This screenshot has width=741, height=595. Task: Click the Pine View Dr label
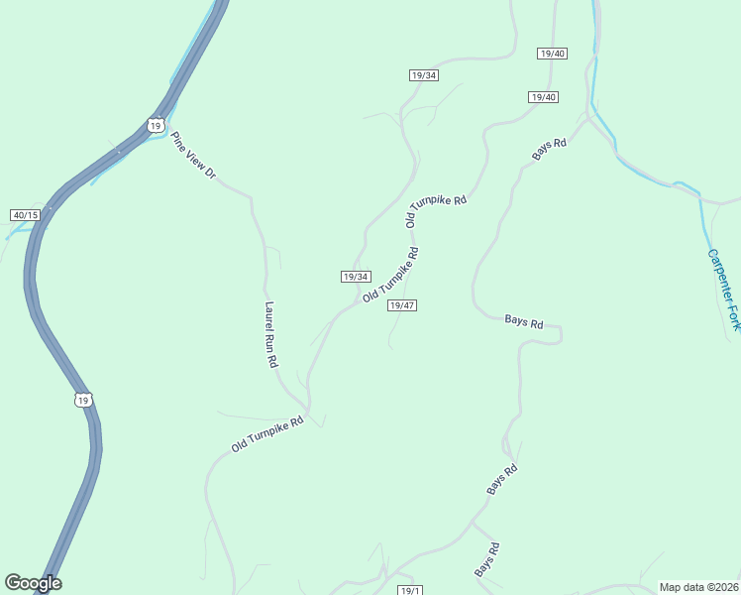click(x=193, y=156)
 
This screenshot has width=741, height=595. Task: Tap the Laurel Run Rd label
click(x=270, y=335)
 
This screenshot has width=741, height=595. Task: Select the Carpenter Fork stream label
click(x=723, y=289)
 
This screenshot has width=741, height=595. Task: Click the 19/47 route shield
click(x=401, y=305)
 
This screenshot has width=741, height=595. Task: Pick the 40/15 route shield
click(x=25, y=215)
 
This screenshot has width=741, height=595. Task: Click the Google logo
click(x=33, y=583)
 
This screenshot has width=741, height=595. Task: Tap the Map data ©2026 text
click(x=699, y=587)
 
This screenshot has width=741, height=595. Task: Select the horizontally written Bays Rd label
click(x=524, y=322)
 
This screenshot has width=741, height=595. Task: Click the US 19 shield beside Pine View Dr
click(x=155, y=124)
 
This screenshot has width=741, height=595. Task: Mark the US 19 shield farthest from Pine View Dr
click(x=83, y=399)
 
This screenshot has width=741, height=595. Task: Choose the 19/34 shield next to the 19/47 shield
click(x=356, y=277)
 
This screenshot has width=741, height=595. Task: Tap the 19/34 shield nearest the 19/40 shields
click(x=423, y=75)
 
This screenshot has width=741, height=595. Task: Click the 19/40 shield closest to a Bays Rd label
click(x=544, y=97)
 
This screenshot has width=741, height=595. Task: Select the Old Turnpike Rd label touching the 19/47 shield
click(x=391, y=275)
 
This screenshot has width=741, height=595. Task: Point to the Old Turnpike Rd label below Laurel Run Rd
click(x=266, y=434)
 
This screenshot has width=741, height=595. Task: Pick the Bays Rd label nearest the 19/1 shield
click(x=486, y=560)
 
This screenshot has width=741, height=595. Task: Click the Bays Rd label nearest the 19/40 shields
click(x=549, y=149)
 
